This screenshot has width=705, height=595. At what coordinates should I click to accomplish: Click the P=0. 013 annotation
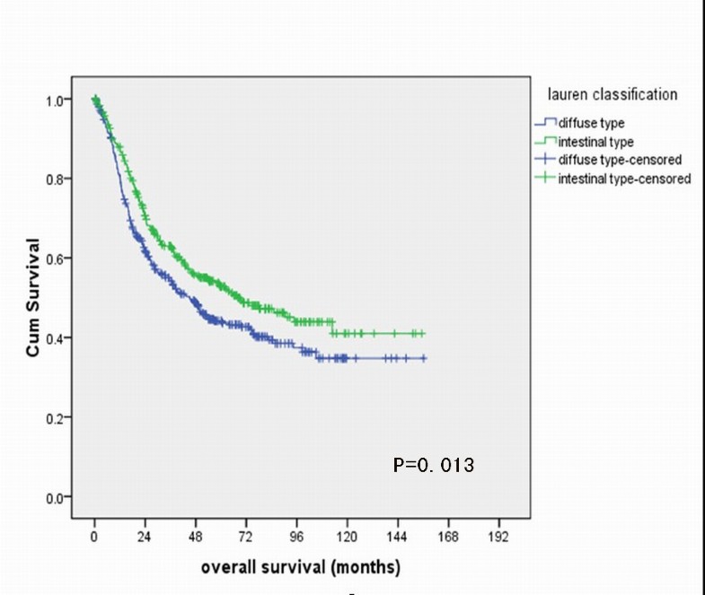click(x=433, y=465)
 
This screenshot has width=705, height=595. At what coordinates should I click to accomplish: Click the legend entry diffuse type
click(x=592, y=124)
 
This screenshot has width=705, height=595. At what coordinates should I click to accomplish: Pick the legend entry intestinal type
click(x=595, y=142)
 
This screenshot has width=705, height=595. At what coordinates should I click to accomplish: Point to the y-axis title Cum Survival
click(x=33, y=297)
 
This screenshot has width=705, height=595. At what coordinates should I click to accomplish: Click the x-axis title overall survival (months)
click(x=300, y=567)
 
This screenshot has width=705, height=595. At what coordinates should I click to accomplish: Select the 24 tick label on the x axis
click(x=145, y=537)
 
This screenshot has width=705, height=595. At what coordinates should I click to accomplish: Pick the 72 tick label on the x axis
click(x=245, y=537)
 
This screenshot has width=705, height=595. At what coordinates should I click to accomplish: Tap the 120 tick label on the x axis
click(x=347, y=537)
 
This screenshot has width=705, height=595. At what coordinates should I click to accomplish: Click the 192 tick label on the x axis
click(x=498, y=537)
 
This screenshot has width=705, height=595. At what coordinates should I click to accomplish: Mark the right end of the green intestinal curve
click(x=424, y=333)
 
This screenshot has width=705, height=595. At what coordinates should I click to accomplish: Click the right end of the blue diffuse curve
click(x=425, y=358)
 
